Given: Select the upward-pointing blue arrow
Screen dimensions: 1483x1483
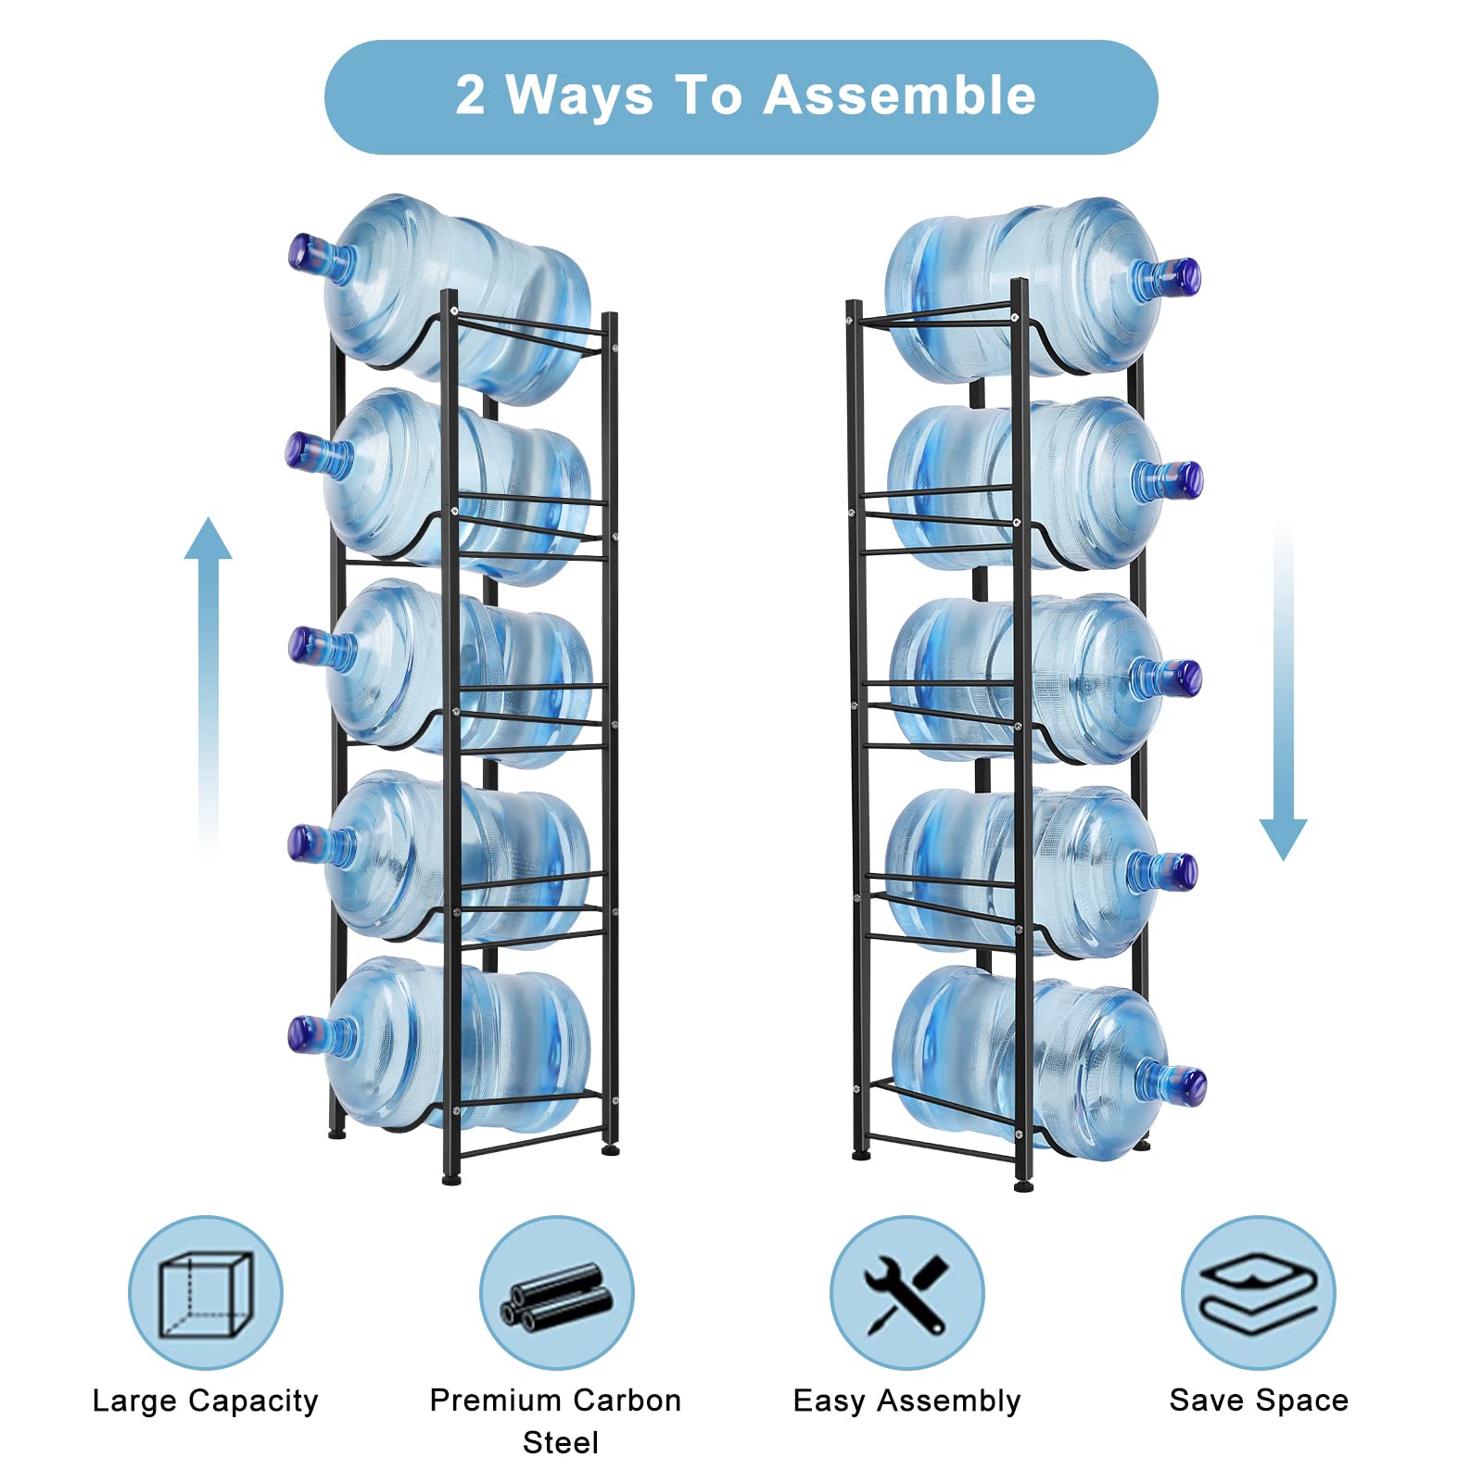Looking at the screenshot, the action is [208, 686].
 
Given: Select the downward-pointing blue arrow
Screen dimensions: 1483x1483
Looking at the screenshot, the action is [1283, 691].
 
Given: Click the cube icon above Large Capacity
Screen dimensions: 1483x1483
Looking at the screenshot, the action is [205, 1293].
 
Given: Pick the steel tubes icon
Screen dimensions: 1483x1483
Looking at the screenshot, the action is [556, 1295].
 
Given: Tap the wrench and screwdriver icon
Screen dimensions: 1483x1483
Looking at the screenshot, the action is [906, 1293].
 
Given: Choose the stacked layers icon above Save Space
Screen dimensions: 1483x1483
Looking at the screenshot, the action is [1259, 1293].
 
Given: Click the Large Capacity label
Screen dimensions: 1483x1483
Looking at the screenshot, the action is [206, 1401].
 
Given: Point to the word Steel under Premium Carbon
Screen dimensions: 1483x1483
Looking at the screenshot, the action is [561, 1442].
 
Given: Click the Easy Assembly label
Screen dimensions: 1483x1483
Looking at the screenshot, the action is [906, 1401].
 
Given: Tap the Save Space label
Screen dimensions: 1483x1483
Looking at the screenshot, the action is [1259, 1400].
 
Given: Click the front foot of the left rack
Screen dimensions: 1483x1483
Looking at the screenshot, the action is [451, 1180].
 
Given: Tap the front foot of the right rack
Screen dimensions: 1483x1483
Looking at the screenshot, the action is [1024, 1185].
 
